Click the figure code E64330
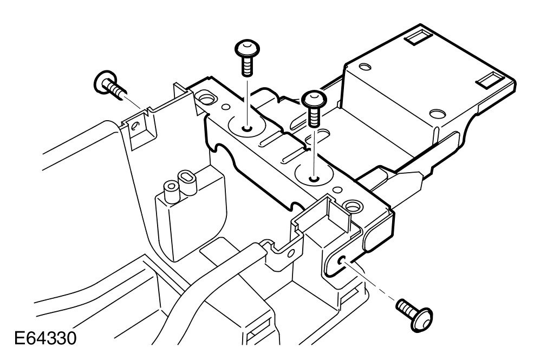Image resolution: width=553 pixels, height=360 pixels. [x=45, y=339]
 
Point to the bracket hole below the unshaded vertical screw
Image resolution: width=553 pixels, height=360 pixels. [x=247, y=129]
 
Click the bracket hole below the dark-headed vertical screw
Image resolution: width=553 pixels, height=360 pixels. [x=313, y=178]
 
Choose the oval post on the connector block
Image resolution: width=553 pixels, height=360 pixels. [x=187, y=179]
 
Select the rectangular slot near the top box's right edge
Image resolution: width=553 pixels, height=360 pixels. [x=490, y=81]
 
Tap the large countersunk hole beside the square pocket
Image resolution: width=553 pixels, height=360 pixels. [x=354, y=206]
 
